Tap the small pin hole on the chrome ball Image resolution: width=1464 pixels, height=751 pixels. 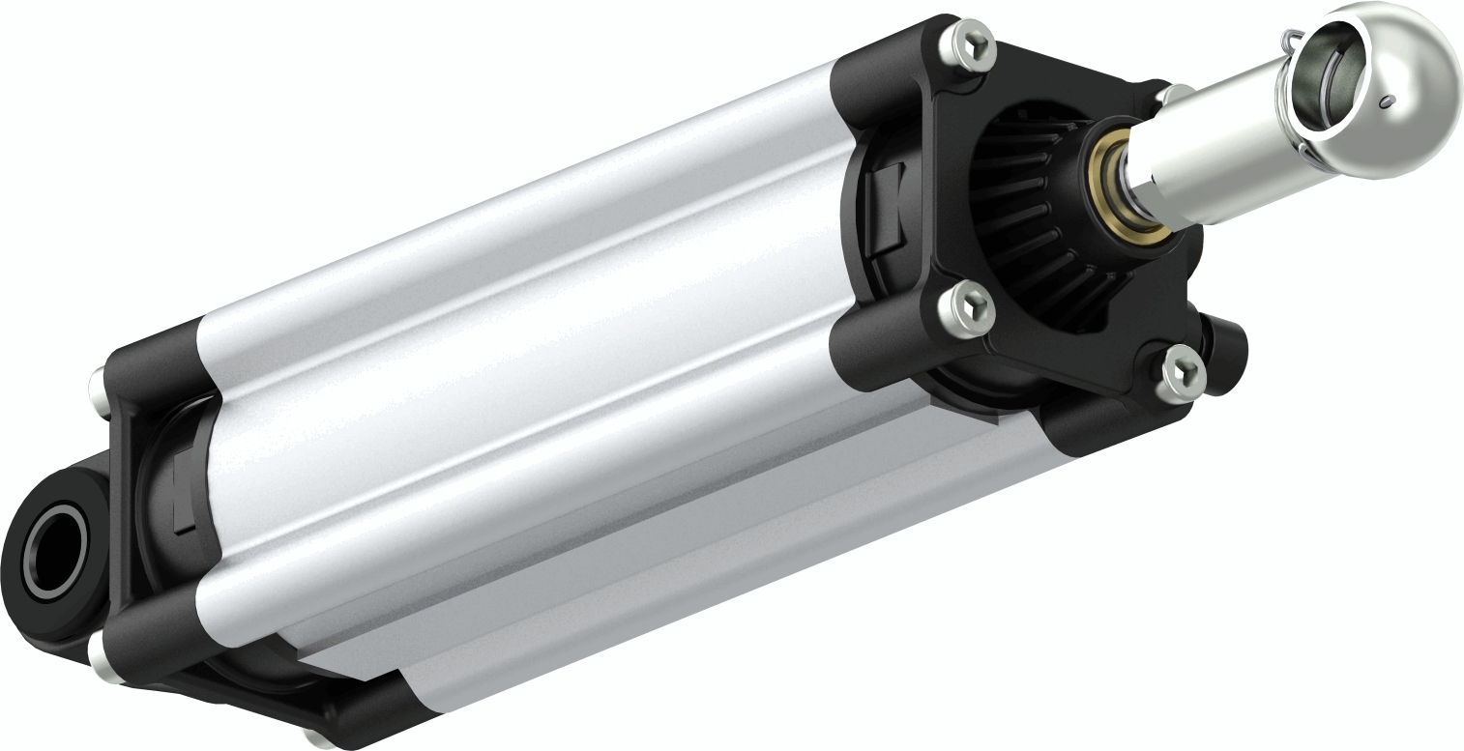tap(1387, 101)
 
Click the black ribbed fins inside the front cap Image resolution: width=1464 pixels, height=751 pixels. tap(1025, 213)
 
